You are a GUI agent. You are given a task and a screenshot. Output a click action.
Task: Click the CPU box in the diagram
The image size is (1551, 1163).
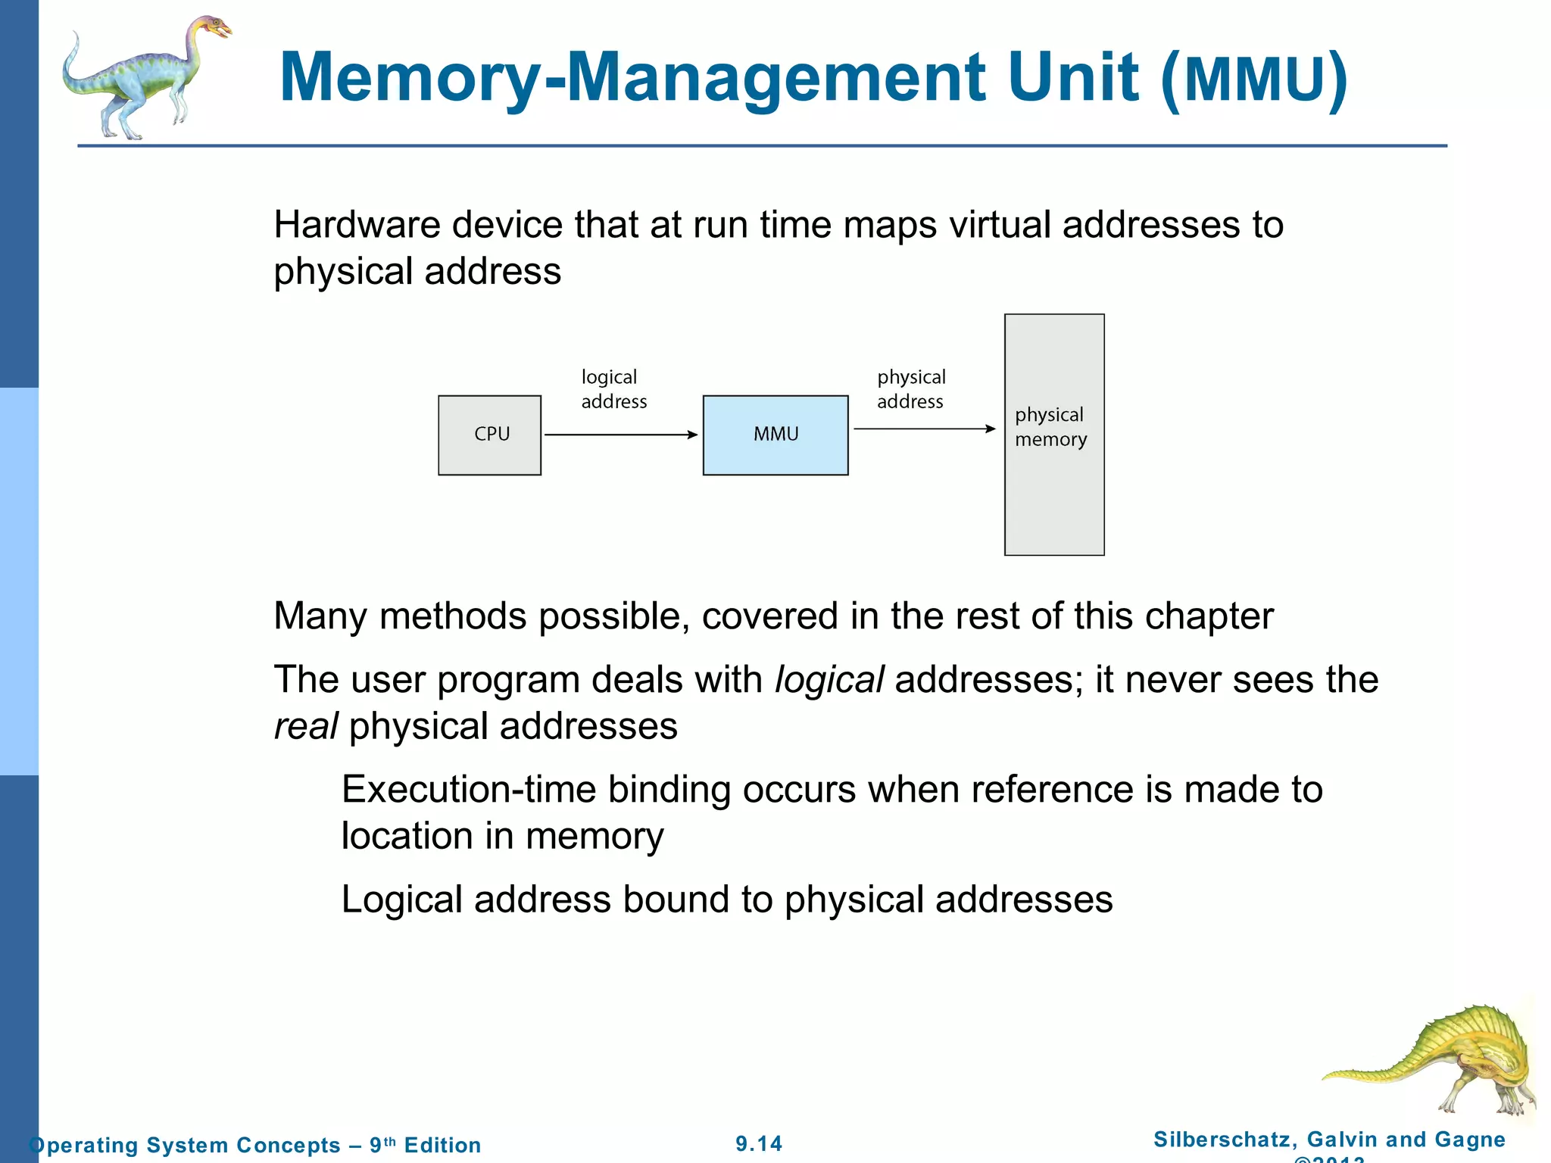490,435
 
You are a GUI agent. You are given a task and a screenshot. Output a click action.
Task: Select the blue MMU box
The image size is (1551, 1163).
775,435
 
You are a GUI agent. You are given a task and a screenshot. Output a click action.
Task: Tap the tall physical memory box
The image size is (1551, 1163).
1054,492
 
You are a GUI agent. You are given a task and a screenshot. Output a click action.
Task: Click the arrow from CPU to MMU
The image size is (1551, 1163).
621,435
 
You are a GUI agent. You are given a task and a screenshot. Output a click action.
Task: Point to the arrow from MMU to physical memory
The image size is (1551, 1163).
924,429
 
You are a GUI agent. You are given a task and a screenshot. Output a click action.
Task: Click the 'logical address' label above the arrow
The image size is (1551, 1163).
613,389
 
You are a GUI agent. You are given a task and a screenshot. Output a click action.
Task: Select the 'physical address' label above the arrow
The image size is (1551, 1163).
911,389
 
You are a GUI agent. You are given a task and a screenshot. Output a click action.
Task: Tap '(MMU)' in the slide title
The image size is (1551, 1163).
1253,79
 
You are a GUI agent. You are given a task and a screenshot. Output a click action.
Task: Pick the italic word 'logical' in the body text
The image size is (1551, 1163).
829,679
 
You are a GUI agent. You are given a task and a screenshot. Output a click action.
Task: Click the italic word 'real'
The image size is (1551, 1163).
305,726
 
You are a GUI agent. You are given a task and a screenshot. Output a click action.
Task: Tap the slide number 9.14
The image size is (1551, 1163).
759,1143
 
